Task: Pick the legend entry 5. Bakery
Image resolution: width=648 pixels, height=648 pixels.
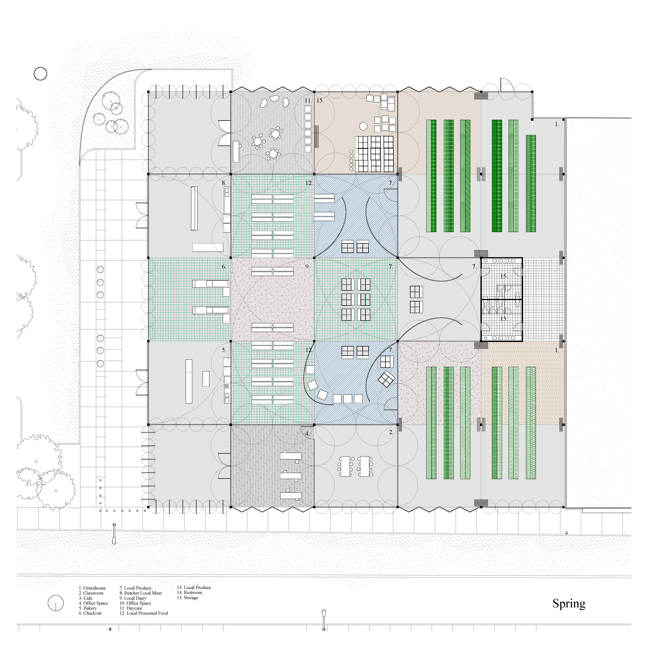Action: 88,608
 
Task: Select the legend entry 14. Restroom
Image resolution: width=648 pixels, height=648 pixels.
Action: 190,593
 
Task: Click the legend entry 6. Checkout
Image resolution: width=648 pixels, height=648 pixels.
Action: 90,613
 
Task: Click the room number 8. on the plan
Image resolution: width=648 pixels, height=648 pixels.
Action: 224,183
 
